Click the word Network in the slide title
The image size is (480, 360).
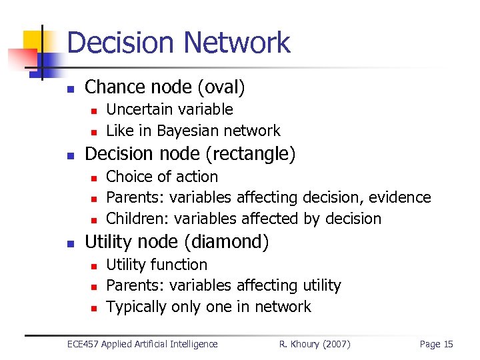click(x=236, y=43)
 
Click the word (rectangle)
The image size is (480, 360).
click(x=250, y=154)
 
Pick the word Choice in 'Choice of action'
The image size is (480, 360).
click(x=128, y=177)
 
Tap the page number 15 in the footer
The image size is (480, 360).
click(x=447, y=344)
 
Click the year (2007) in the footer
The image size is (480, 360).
click(x=336, y=344)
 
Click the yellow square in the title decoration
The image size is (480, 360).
click(x=32, y=41)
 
